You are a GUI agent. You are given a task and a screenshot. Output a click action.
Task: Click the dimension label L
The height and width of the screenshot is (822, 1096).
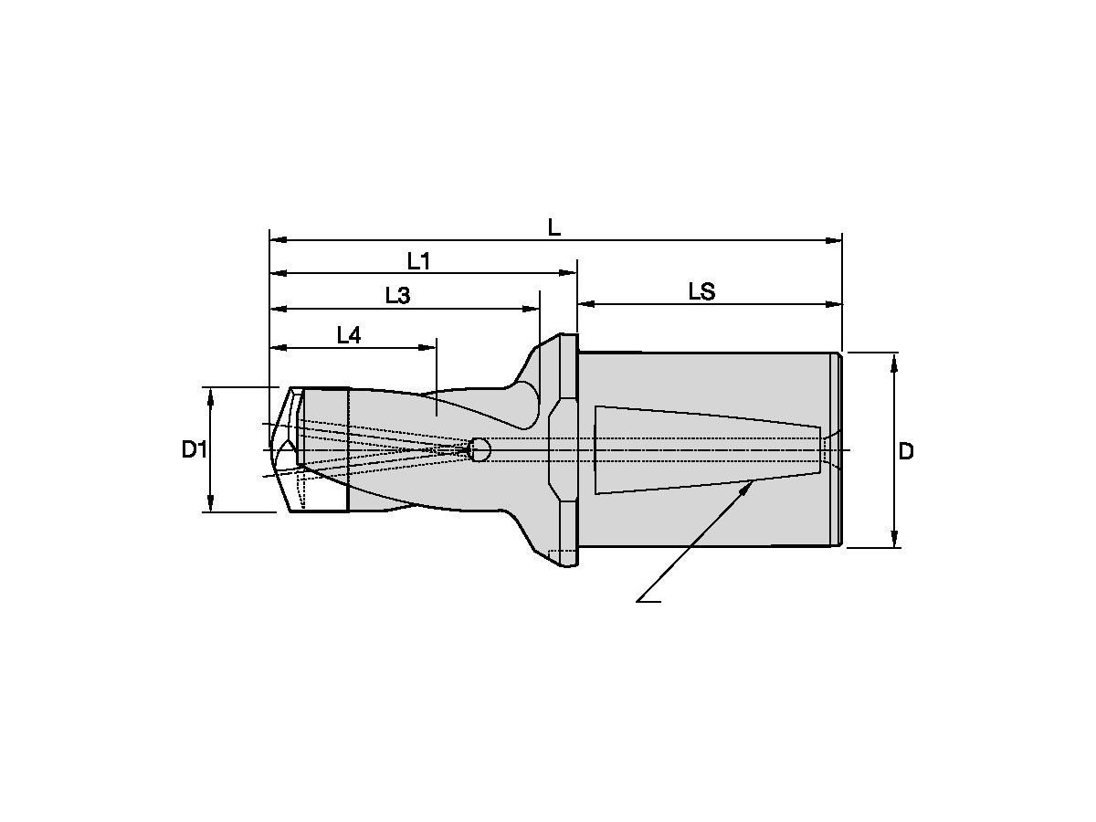click(553, 227)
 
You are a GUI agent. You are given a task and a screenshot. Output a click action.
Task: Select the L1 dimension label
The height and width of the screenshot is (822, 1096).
click(418, 261)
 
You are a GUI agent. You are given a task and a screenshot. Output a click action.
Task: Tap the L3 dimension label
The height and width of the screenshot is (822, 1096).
click(397, 296)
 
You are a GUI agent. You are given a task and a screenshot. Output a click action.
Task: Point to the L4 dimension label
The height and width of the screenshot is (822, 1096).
click(349, 335)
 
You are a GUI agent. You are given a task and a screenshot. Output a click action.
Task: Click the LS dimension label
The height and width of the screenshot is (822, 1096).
click(701, 291)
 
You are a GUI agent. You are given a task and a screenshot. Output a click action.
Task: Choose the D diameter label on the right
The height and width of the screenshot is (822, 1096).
click(905, 451)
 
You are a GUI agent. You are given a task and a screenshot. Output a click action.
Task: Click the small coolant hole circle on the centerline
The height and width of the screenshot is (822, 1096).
click(480, 449)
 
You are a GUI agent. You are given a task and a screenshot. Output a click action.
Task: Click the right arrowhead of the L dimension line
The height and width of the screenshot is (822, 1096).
click(834, 240)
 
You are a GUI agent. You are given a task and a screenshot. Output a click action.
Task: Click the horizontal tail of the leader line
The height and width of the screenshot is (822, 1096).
click(648, 601)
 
